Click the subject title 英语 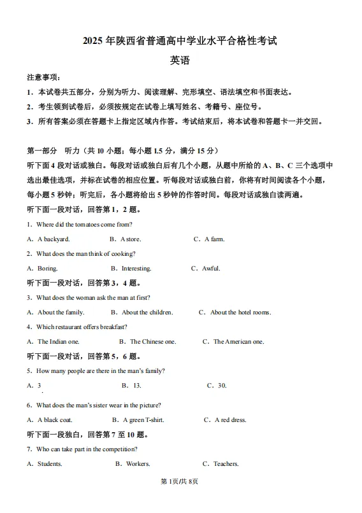(x=180, y=61)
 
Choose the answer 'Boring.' (x=47, y=269)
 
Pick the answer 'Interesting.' (x=136, y=269)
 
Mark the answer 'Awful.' (x=210, y=269)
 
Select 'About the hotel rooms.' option (x=240, y=313)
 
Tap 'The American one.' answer (x=238, y=342)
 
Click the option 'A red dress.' (x=230, y=420)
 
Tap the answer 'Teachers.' (x=225, y=464)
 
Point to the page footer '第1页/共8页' (x=180, y=498)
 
